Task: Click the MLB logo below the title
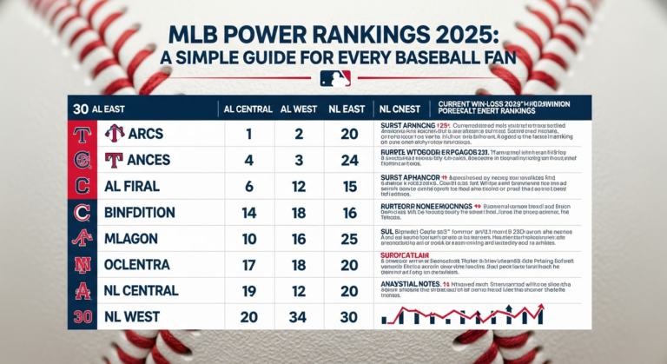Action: pyautogui.click(x=334, y=79)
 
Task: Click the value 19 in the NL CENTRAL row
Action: pyautogui.click(x=248, y=291)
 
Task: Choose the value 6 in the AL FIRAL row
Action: pyautogui.click(x=248, y=186)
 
